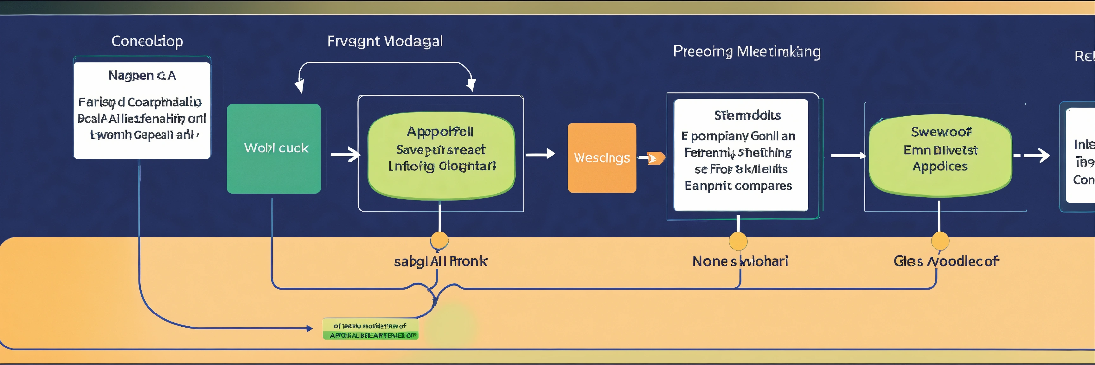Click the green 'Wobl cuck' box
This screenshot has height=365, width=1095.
tap(274, 149)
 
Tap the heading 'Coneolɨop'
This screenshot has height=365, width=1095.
tap(147, 41)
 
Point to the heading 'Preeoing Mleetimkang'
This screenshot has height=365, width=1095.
tap(746, 51)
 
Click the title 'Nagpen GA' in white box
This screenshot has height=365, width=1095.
tap(142, 76)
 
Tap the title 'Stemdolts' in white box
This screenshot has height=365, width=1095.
tap(747, 115)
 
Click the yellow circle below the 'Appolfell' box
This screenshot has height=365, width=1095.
tap(439, 240)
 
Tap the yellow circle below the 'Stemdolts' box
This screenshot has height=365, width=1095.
tap(738, 241)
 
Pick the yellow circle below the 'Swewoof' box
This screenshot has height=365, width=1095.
tap(940, 241)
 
